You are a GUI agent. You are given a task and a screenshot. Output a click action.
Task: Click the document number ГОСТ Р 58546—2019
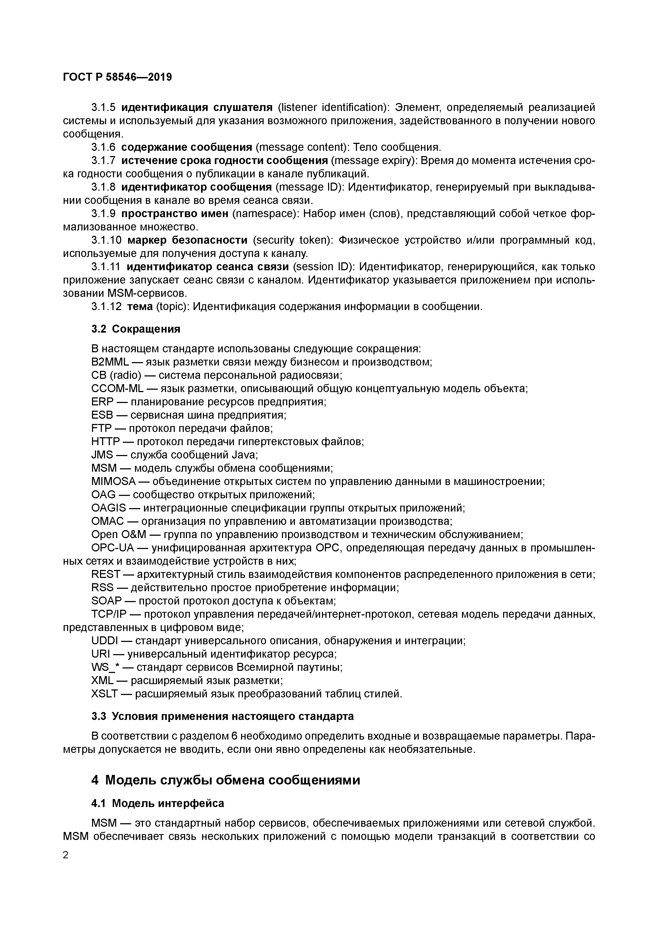117,77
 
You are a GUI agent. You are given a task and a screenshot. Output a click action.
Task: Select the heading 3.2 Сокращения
136,329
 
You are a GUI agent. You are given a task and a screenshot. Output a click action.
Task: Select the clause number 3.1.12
106,307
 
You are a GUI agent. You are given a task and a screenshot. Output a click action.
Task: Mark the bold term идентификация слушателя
197,108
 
